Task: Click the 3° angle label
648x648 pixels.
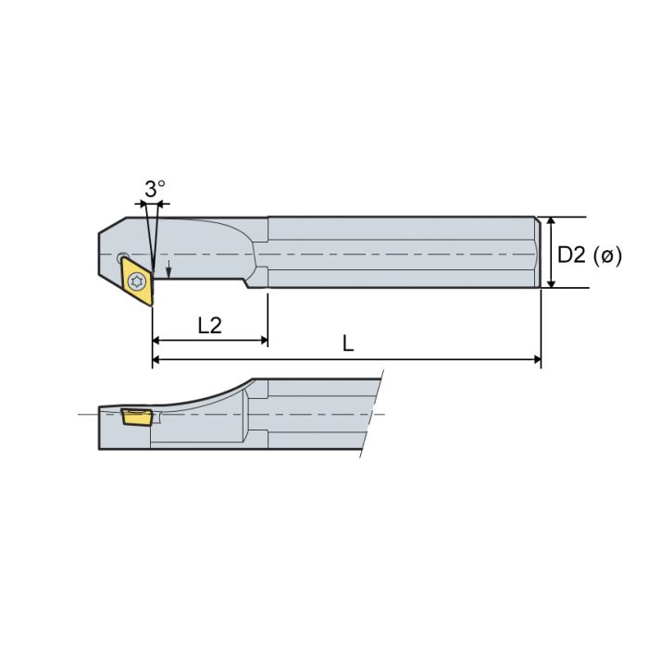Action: (155, 188)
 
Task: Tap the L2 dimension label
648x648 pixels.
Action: (211, 325)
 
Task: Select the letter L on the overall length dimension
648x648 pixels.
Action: (348, 343)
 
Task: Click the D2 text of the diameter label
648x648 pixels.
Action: (572, 255)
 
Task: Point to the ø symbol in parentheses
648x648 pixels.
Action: (607, 256)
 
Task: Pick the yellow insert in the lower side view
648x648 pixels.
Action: (137, 416)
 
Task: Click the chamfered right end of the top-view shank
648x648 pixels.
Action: (538, 252)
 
